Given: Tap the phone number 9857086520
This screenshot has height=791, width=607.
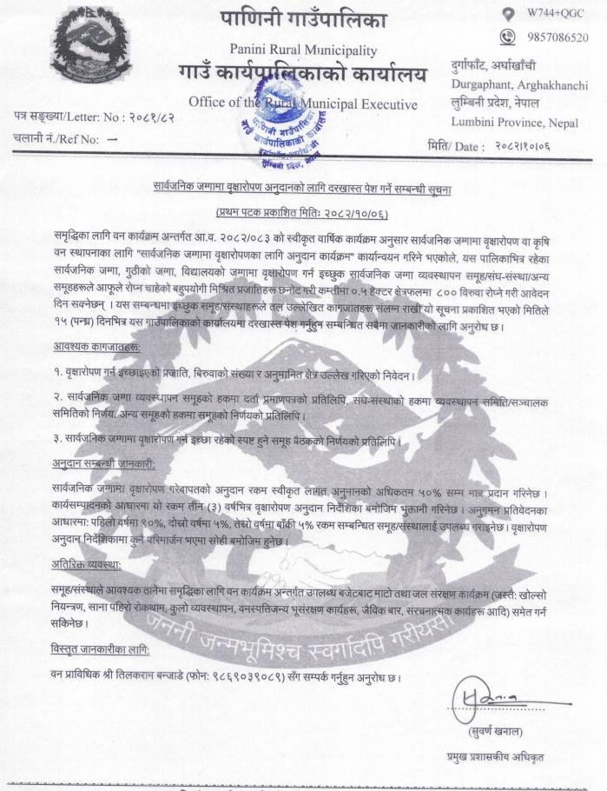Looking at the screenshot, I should tap(557, 37).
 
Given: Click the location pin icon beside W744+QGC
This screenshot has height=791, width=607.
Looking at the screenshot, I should tap(506, 14).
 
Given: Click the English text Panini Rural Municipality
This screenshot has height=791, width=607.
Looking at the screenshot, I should tap(303, 50).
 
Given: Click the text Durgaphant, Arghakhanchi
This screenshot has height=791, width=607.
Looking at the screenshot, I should tap(519, 85).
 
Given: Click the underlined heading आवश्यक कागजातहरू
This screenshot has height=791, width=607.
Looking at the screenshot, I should tap(96, 348).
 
